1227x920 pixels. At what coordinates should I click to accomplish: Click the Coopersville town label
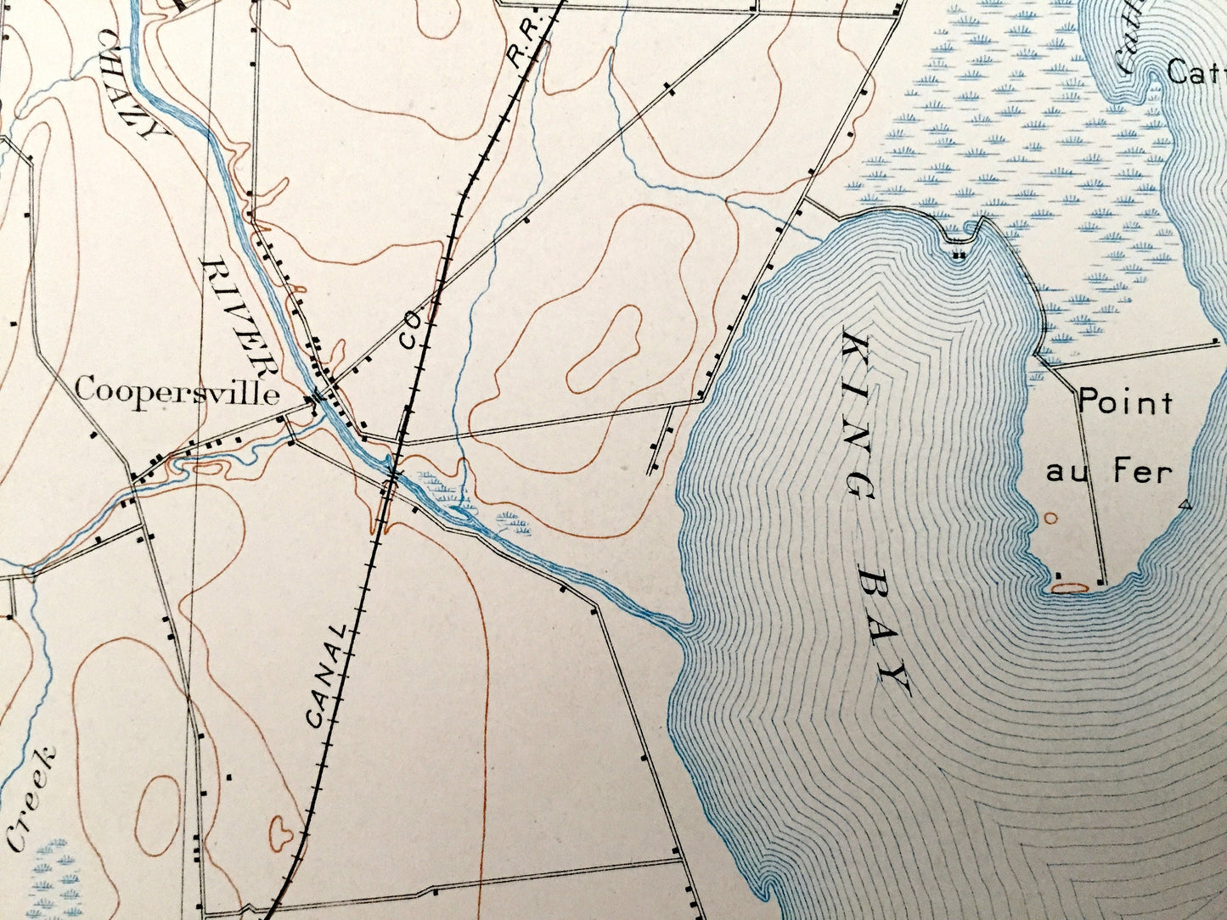177,392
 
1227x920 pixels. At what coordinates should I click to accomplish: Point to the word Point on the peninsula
1125,402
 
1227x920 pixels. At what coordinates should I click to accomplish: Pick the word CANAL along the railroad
327,676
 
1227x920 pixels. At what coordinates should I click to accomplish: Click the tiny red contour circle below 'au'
1051,517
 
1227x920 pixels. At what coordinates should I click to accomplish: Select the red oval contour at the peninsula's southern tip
1071,585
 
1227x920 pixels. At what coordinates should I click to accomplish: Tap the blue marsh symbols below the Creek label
51,874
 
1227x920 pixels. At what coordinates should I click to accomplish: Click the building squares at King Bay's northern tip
960,253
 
